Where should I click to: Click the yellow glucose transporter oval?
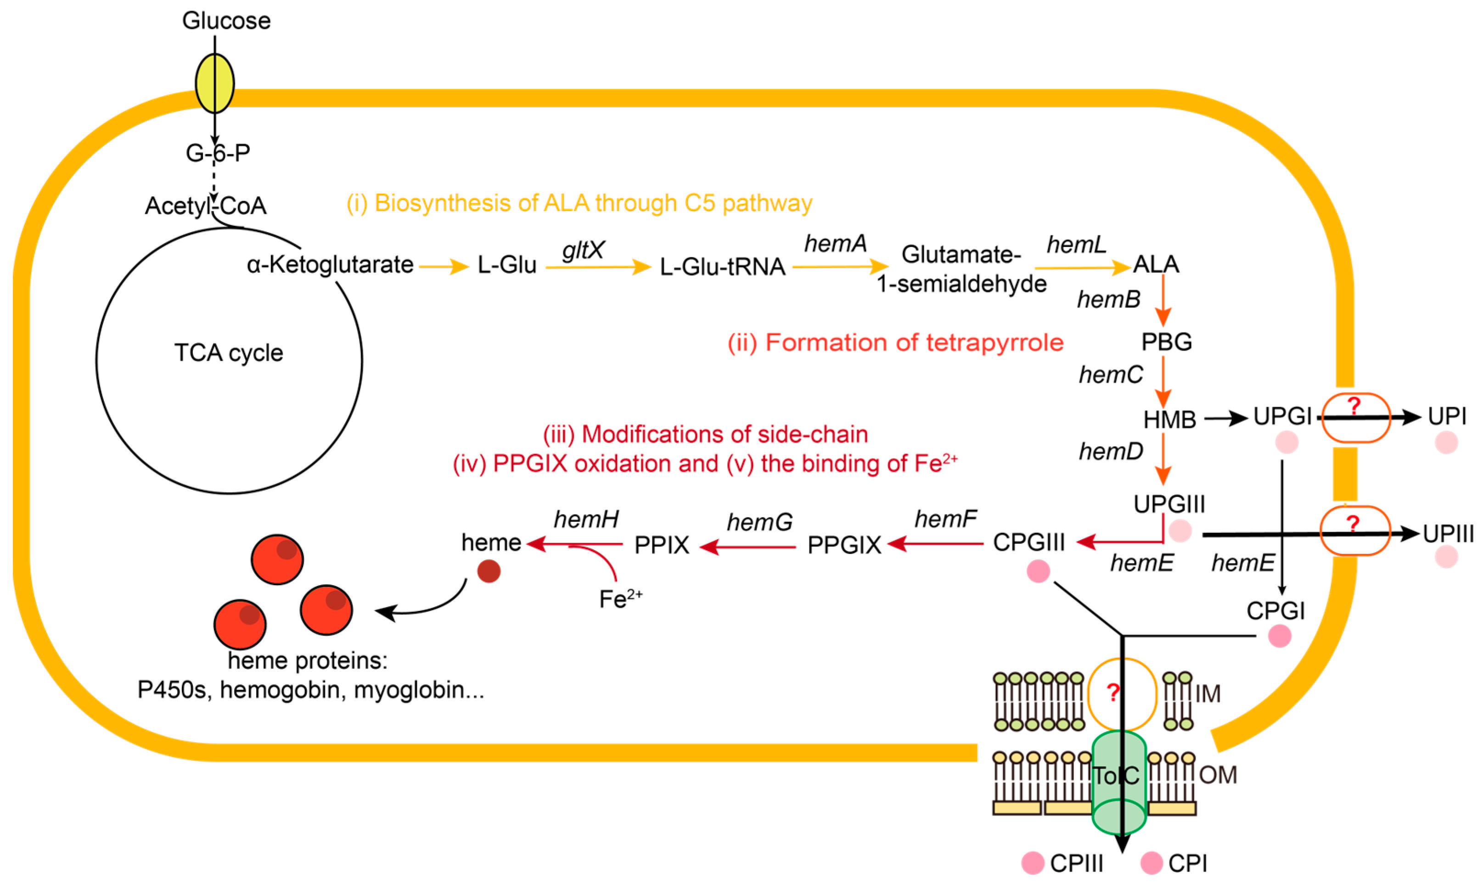(215, 84)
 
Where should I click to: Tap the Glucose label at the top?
(226, 21)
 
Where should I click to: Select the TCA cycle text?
(229, 353)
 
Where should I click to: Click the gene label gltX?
(583, 250)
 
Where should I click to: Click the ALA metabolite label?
(1155, 264)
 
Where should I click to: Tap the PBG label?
(1166, 341)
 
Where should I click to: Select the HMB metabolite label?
(1169, 419)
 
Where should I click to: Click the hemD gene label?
(1111, 452)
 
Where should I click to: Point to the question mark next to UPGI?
(1354, 407)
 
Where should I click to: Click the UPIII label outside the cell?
(1448, 534)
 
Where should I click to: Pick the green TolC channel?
(1118, 782)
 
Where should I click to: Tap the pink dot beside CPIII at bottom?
(1033, 863)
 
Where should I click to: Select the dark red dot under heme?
(489, 571)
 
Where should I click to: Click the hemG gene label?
(759, 522)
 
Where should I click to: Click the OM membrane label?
(1218, 775)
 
